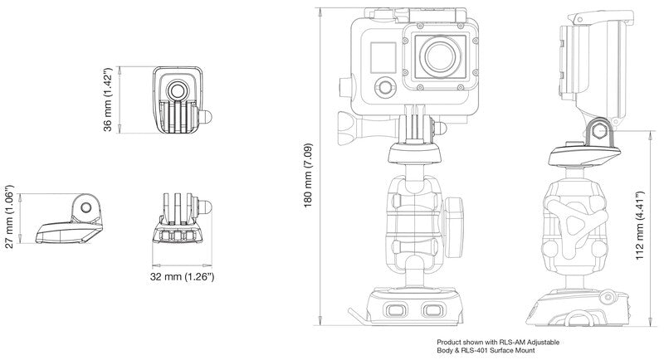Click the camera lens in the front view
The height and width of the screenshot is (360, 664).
441,56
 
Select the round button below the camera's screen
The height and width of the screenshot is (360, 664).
383,87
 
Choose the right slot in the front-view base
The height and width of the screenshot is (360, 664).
430,311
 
